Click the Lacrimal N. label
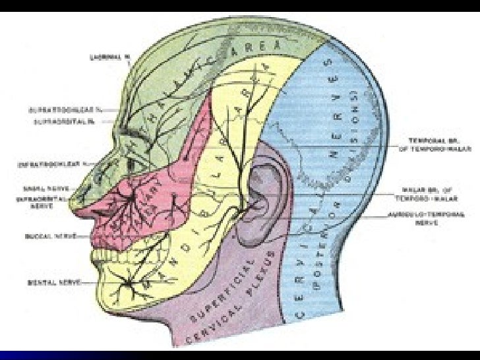pyautogui.click(x=108, y=57)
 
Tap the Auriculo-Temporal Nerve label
pyautogui.click(x=437, y=218)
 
